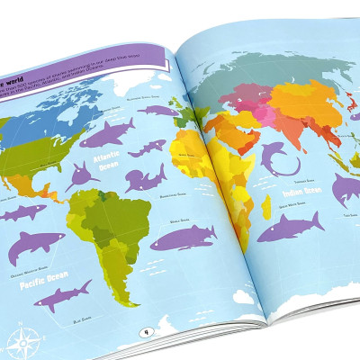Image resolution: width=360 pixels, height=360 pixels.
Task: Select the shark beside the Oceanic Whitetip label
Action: click(35, 241)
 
